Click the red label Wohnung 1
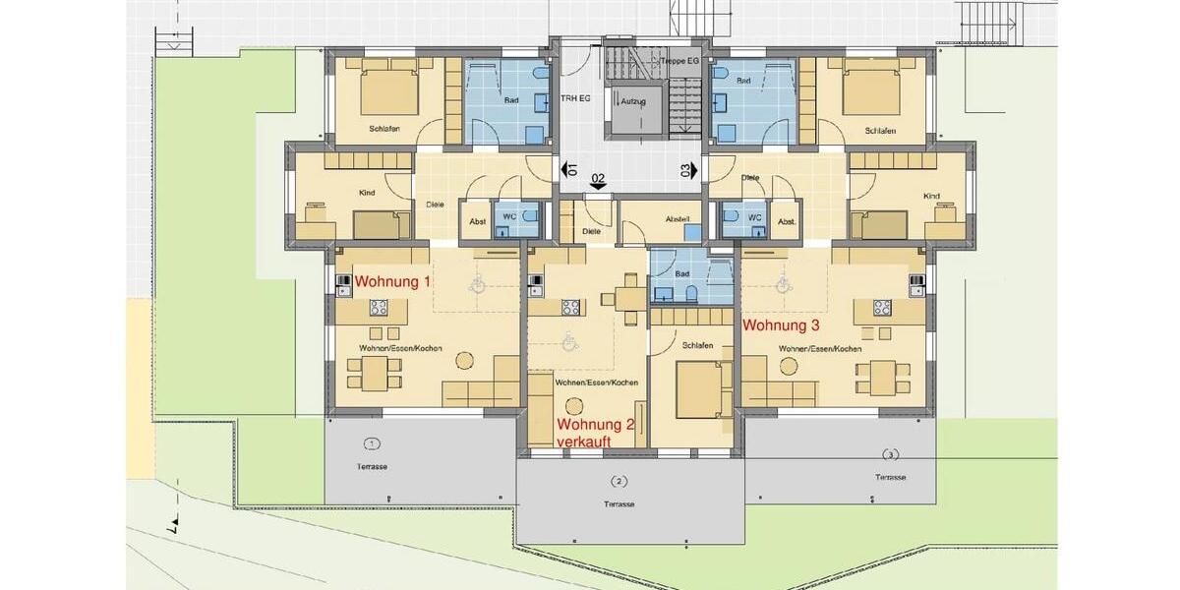pyautogui.click(x=392, y=281)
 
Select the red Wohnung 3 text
pyautogui.click(x=781, y=324)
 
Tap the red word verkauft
pyautogui.click(x=584, y=442)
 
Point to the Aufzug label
pyautogui.click(x=632, y=101)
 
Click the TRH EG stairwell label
pyautogui.click(x=576, y=99)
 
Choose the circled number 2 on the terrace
pyautogui.click(x=619, y=481)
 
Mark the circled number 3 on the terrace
pyautogui.click(x=890, y=454)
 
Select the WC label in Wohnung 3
pyautogui.click(x=754, y=217)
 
